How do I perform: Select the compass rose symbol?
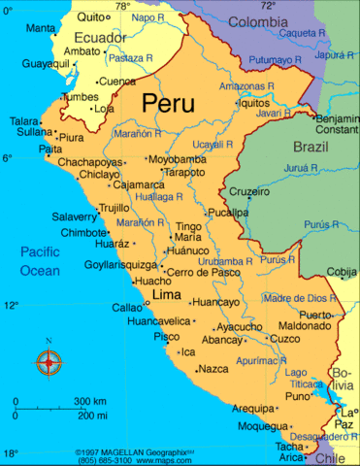[48, 362]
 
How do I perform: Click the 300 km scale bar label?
[90, 401]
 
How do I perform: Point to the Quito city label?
[89, 17]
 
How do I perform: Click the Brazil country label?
[311, 148]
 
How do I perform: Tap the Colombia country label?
[257, 20]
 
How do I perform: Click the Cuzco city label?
[284, 339]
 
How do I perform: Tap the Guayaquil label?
[46, 64]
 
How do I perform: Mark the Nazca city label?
[213, 369]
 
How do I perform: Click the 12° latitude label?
[10, 305]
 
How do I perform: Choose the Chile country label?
[335, 457]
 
